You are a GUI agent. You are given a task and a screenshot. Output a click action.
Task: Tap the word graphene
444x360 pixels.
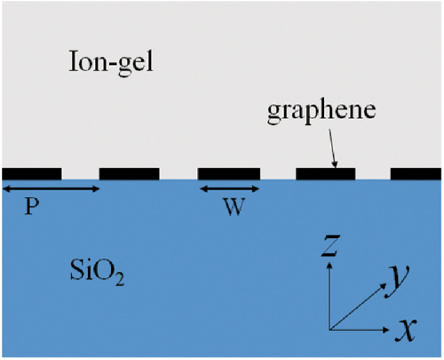click(321, 112)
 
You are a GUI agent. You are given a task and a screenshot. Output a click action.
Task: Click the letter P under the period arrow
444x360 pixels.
click(32, 206)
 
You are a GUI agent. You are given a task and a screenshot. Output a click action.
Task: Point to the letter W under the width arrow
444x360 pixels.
click(234, 206)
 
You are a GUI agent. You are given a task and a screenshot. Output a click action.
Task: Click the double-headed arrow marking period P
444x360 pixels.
click(51, 189)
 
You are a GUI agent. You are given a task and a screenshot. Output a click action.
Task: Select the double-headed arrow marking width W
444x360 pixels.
click(230, 189)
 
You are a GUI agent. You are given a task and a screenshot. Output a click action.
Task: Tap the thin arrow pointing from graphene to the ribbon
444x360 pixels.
click(332, 148)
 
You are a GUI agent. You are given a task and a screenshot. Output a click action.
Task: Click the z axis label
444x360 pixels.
click(330, 245)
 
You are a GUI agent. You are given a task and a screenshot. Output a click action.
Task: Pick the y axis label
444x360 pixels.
click(397, 281)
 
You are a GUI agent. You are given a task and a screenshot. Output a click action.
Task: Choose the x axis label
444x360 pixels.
click(406, 330)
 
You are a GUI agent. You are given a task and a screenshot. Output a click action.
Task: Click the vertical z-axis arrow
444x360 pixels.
click(330, 296)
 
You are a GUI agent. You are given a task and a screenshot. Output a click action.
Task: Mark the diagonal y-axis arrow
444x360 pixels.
click(359, 306)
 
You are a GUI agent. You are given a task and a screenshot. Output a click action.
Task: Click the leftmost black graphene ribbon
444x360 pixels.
click(32, 174)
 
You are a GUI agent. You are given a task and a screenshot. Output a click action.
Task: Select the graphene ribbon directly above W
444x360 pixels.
click(229, 174)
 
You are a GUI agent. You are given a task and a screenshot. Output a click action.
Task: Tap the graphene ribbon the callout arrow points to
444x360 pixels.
click(326, 174)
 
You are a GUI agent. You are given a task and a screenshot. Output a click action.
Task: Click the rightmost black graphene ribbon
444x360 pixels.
click(416, 174)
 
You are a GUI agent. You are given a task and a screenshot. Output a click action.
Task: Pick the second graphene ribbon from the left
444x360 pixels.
click(130, 174)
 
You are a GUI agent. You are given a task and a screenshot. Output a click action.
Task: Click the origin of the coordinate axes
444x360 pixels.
click(330, 330)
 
